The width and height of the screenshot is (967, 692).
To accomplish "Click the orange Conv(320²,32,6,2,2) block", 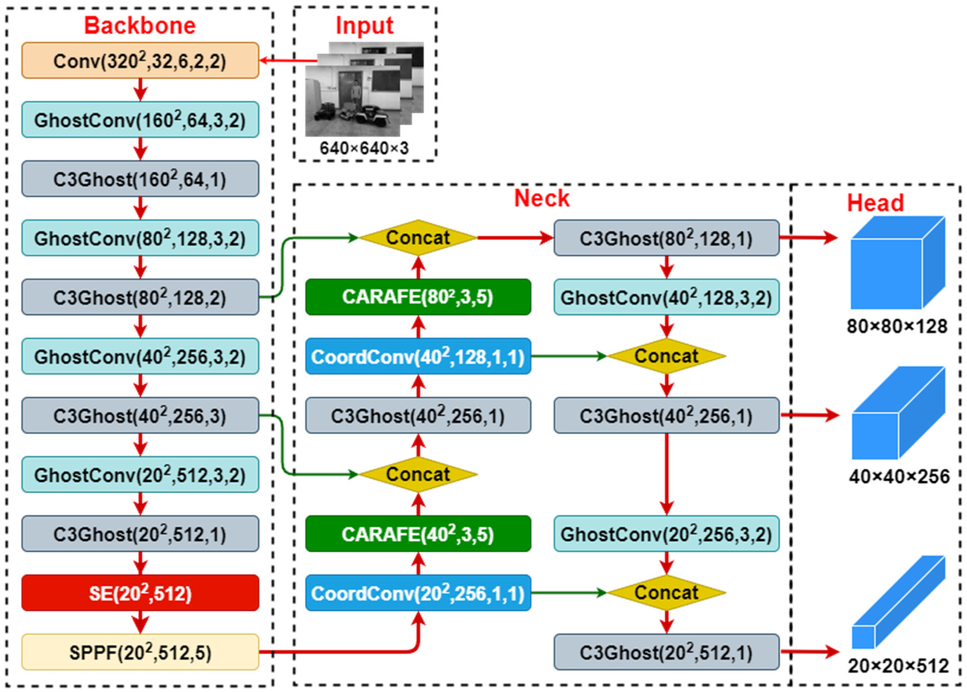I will coord(140,61).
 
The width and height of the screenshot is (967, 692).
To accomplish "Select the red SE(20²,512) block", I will coord(140,593).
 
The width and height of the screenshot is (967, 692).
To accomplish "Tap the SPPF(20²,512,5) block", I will coord(140,652).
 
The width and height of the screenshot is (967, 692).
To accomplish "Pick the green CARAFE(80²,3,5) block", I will coord(418,297).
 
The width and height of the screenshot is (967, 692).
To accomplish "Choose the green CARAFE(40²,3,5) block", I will coord(418,533).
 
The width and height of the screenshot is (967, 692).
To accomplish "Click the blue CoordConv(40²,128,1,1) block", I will coord(418,356).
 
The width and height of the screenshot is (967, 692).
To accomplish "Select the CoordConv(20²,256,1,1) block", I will coord(418,593).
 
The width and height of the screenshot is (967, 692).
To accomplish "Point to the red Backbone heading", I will coord(140,25).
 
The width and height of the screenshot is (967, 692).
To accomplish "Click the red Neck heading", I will coord(542,198).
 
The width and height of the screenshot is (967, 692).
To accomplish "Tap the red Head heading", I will coord(875,203).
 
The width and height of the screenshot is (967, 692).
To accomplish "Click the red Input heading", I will coord(364,25).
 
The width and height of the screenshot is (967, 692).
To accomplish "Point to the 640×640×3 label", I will coord(364,148).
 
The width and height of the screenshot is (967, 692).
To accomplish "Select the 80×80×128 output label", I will coord(897,327).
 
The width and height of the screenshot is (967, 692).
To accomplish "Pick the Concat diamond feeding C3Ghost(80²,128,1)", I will coord(418,238).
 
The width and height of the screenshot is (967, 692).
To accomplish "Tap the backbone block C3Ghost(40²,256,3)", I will coord(140,415).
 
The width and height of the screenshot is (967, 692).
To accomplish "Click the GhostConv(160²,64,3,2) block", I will coord(140,120).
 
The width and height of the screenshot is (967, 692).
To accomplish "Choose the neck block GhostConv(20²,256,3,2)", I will coord(666,533).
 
